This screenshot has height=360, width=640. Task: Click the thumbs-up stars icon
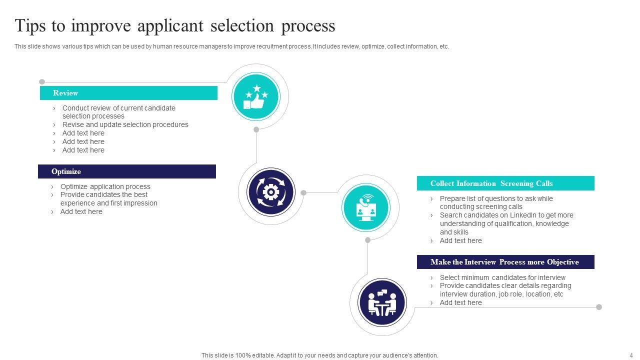pyautogui.click(x=256, y=97)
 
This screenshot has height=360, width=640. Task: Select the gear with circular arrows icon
pyautogui.click(x=270, y=192)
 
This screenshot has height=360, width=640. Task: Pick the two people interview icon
pyautogui.click(x=382, y=302)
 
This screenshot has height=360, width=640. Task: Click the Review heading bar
pyautogui.click(x=128, y=93)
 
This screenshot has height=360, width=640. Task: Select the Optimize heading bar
pyautogui.click(x=127, y=171)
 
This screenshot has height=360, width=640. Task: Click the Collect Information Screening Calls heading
pyautogui.click(x=505, y=183)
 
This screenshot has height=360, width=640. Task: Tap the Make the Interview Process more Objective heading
pyautogui.click(x=505, y=262)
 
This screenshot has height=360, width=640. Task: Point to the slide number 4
pyautogui.click(x=630, y=355)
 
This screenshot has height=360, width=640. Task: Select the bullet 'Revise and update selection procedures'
pyautogui.click(x=125, y=124)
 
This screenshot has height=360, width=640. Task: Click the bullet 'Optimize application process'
pyautogui.click(x=105, y=186)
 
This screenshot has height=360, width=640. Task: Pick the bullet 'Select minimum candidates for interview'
pyautogui.click(x=502, y=277)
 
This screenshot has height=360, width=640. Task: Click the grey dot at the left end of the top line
pyautogui.click(x=42, y=82)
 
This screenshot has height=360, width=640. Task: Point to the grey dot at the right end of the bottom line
pyautogui.click(x=599, y=307)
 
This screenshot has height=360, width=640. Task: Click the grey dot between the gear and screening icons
pyautogui.click(x=303, y=192)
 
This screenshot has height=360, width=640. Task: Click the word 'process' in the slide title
pyautogui.click(x=308, y=25)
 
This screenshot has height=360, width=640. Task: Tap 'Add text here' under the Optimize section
pyautogui.click(x=81, y=211)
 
